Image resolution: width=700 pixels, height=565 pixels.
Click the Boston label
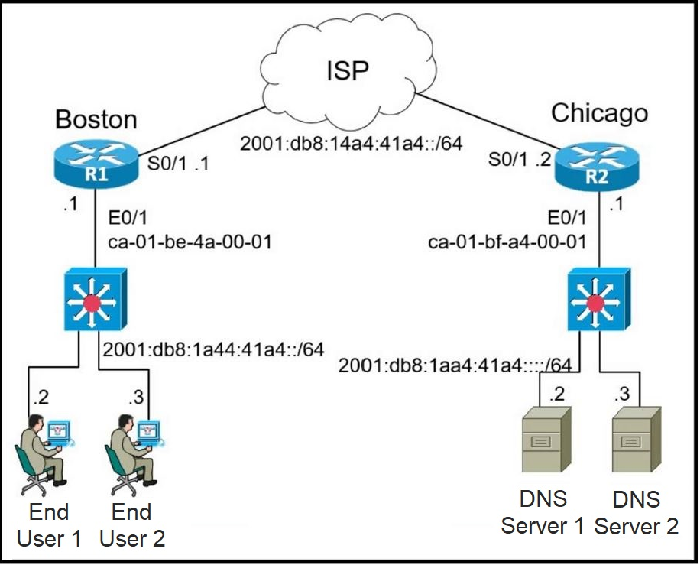[96, 119]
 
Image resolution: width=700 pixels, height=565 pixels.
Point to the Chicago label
[599, 113]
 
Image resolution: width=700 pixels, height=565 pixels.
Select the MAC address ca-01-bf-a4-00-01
[507, 244]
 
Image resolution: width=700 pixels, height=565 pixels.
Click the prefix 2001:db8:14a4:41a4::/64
[352, 143]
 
